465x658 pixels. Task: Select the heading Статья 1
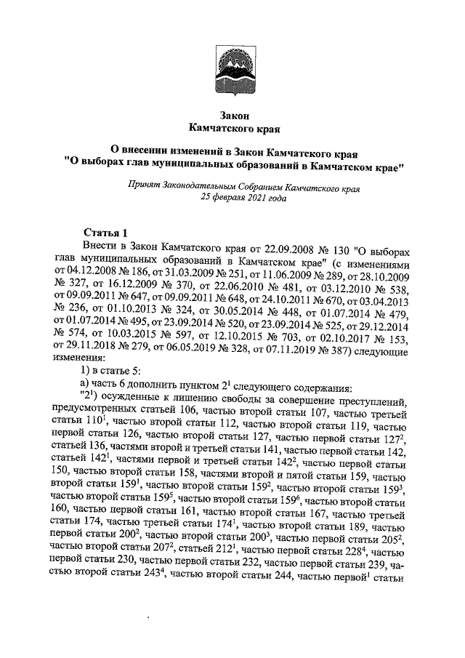105,233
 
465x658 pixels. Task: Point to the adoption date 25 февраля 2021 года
240,197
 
